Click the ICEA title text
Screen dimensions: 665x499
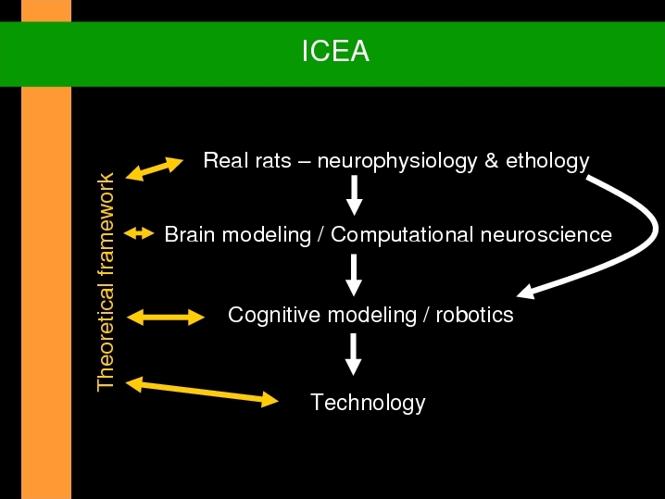[x=335, y=51]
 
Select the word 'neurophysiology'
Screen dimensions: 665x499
[x=397, y=162]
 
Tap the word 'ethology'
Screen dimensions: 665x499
[x=547, y=162]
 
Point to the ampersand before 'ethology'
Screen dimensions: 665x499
[x=491, y=161]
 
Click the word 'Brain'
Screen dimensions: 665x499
[x=190, y=234]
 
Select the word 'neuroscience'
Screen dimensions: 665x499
[x=546, y=235]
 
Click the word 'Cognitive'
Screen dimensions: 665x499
[x=274, y=316]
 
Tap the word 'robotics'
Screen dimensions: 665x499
[x=474, y=315]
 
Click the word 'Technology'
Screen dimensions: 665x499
[x=368, y=404]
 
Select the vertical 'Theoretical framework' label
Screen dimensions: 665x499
[x=106, y=282]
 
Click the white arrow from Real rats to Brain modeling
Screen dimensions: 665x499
[x=354, y=195]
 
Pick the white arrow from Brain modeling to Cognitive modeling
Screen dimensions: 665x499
[x=354, y=275]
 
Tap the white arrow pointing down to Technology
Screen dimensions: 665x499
[x=353, y=355]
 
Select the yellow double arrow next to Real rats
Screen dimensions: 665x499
[x=155, y=168]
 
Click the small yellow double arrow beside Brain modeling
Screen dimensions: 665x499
[x=139, y=233]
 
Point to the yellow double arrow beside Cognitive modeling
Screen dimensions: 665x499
[x=166, y=318]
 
